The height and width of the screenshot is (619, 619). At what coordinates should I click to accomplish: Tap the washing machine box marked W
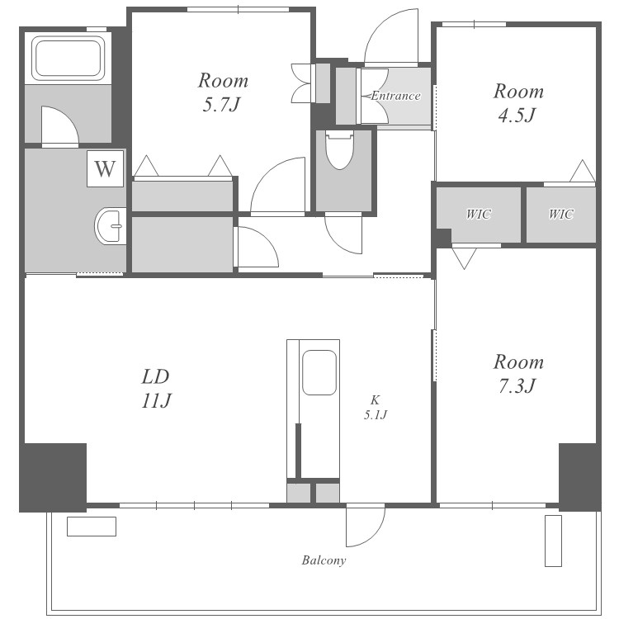pyautogui.click(x=105, y=168)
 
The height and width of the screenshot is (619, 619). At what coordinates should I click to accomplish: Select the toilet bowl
pyautogui.click(x=339, y=150)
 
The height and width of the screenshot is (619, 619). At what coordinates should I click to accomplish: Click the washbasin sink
pyautogui.click(x=110, y=226)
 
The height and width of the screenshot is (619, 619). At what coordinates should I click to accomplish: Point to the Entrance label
pyautogui.click(x=395, y=96)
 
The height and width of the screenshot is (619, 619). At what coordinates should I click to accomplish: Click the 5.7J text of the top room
pyautogui.click(x=221, y=105)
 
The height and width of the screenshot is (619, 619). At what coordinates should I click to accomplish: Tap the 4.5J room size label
pyautogui.click(x=517, y=116)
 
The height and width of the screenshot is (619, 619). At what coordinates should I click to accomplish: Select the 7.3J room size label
pyautogui.click(x=517, y=386)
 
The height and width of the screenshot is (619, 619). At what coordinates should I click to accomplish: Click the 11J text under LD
pyautogui.click(x=156, y=401)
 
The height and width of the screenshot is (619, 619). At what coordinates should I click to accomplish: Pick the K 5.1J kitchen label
pyautogui.click(x=375, y=408)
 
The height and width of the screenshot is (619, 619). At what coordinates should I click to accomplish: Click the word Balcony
pyautogui.click(x=324, y=560)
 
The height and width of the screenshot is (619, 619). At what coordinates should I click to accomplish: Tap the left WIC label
pyautogui.click(x=479, y=215)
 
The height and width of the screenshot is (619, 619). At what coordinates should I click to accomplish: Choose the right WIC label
pyautogui.click(x=561, y=215)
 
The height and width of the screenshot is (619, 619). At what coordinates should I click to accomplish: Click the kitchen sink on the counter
pyautogui.click(x=319, y=372)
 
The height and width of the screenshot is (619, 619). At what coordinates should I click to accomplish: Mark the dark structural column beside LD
pyautogui.click(x=53, y=478)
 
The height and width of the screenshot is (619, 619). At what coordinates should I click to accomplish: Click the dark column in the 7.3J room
pyautogui.click(x=579, y=478)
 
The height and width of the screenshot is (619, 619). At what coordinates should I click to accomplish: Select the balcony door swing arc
pyautogui.click(x=374, y=535)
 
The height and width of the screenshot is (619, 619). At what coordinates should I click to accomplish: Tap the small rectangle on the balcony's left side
pyautogui.click(x=92, y=527)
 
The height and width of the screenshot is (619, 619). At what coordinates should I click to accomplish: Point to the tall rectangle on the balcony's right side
pyautogui.click(x=553, y=541)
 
